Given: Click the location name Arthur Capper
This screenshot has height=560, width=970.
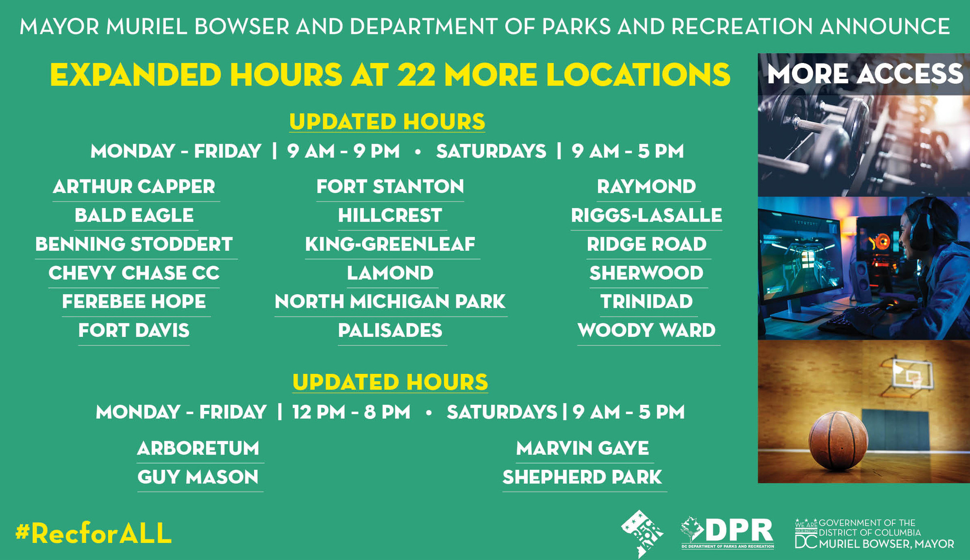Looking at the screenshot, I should (134, 187).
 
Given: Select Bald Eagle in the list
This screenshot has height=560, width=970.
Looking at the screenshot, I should (134, 215).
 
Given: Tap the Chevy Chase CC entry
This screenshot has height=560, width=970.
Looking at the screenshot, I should (134, 273).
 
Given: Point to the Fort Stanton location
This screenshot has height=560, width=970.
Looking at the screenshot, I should (390, 187).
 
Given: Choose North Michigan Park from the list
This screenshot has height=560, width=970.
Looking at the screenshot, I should (390, 302).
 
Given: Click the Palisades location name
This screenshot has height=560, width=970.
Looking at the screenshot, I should (390, 331).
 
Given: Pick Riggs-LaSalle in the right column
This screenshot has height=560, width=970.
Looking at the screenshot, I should (646, 215).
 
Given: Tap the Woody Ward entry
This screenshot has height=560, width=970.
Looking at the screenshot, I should (646, 331).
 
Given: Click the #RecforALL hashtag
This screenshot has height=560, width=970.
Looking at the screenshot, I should (94, 533).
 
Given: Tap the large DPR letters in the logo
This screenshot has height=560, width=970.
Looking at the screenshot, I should (740, 531).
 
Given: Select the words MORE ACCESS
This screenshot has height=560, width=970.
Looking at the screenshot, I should (865, 74).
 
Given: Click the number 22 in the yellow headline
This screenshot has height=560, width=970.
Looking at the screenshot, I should (416, 75).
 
